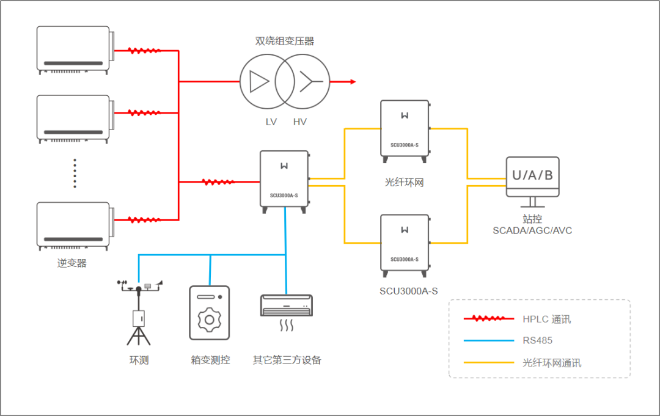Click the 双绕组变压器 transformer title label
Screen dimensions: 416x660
tap(285, 42)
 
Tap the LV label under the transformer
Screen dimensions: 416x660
tap(271, 122)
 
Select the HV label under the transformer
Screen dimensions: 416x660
tap(299, 122)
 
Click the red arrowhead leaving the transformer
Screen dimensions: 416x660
tap(352, 81)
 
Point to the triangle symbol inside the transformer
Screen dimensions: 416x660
tap(259, 81)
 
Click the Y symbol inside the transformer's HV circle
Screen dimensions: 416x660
tap(309, 81)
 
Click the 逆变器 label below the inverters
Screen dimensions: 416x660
tap(72, 263)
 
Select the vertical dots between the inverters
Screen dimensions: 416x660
tap(75, 173)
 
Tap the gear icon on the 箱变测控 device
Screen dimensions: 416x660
tap(210, 319)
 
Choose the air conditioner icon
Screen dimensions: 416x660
tap(287, 305)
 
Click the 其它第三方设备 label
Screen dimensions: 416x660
tap(287, 360)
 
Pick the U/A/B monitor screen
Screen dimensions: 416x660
tap(532, 176)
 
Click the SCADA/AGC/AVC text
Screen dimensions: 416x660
tap(532, 230)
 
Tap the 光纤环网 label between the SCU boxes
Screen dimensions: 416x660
tap(404, 182)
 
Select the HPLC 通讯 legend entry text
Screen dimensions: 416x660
tap(546, 319)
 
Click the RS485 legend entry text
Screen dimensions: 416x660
tap(537, 340)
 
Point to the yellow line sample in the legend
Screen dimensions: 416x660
tap(489, 362)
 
